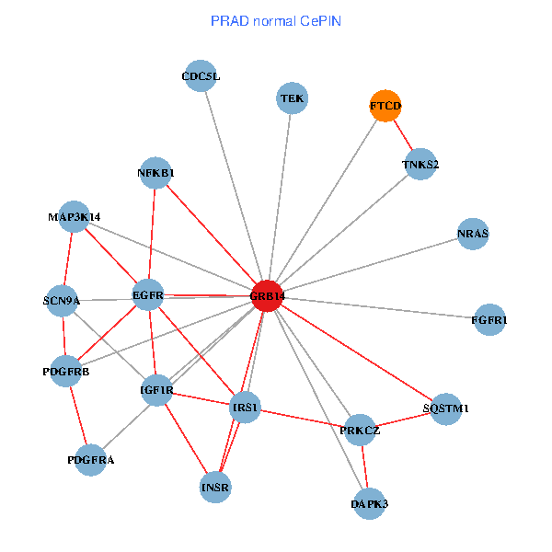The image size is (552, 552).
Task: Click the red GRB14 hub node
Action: click(266, 295)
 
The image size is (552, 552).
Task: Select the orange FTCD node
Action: click(385, 107)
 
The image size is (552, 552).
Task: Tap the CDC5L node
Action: click(201, 76)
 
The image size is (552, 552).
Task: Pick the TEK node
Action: click(292, 98)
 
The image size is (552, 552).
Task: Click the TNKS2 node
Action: click(420, 165)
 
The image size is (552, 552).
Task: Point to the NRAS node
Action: click(472, 235)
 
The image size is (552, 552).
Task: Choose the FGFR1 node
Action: click(489, 320)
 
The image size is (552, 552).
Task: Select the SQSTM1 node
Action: click(446, 408)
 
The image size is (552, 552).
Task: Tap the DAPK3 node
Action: click(369, 503)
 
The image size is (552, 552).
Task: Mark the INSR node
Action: click(215, 487)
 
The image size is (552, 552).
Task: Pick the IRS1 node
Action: click(246, 408)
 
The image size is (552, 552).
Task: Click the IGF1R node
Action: click(156, 390)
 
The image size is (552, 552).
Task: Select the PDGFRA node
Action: click(91, 460)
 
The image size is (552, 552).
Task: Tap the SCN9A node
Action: click(62, 301)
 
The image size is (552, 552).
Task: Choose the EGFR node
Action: click(148, 295)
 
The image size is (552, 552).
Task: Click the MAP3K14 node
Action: click(75, 217)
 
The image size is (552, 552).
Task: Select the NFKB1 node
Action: click(155, 172)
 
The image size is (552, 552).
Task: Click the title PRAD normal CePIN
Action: click(275, 20)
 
